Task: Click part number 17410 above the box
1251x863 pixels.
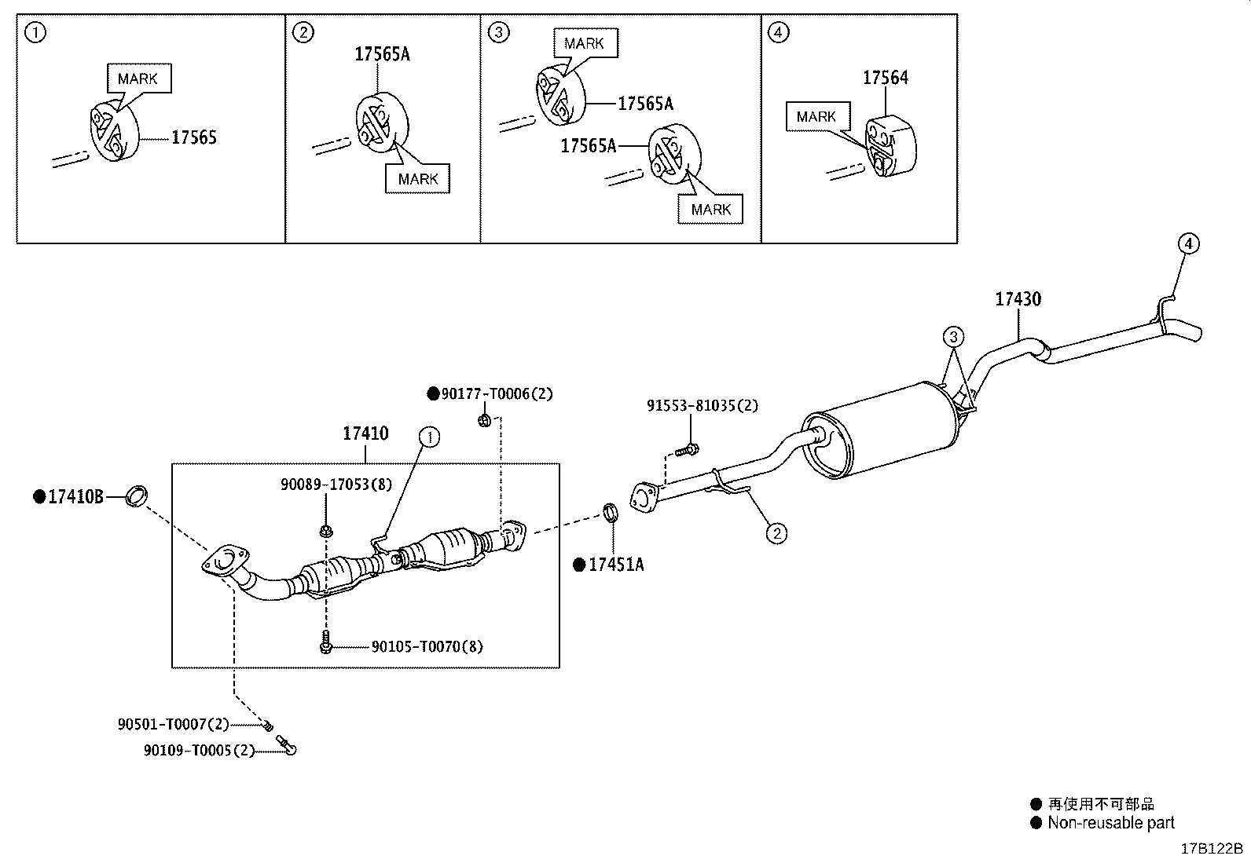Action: click(x=365, y=433)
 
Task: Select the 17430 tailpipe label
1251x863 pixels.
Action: click(x=1018, y=299)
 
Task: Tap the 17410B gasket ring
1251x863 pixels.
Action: click(x=138, y=496)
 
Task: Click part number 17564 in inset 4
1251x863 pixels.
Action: click(x=885, y=78)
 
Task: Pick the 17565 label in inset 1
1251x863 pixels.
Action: click(x=193, y=137)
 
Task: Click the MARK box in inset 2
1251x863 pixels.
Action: click(x=417, y=179)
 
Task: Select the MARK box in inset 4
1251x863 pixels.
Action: click(x=816, y=116)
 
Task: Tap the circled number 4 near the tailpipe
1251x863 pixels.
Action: click(x=1188, y=244)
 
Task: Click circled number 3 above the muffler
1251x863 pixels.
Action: click(x=952, y=338)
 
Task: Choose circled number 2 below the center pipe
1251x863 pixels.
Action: click(x=776, y=533)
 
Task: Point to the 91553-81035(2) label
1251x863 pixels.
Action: click(x=703, y=406)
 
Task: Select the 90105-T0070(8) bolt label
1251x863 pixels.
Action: click(x=427, y=647)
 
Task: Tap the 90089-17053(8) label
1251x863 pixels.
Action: click(x=336, y=485)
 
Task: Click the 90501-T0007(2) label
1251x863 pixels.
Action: click(x=174, y=724)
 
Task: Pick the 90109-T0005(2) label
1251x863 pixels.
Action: click(x=200, y=751)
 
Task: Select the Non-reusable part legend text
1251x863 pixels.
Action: click(x=1110, y=823)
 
